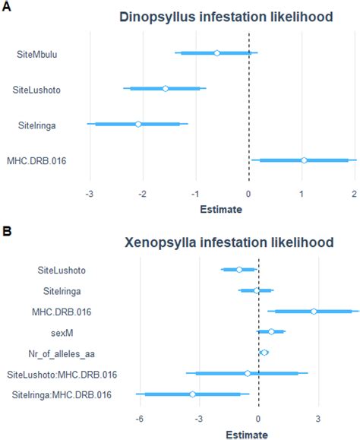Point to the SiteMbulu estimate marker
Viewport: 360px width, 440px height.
point(217,53)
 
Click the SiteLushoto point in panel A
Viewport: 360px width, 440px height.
point(166,89)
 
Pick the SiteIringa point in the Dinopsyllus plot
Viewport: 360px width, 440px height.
point(138,124)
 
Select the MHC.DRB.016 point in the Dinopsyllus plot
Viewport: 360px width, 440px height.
point(304,160)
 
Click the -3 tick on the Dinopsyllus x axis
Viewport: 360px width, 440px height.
point(90,193)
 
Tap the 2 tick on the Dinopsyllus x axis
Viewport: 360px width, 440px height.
point(355,193)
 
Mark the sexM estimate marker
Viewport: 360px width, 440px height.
point(271,331)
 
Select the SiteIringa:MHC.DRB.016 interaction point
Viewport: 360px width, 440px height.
point(193,394)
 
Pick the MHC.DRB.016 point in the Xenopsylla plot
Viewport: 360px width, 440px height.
point(314,311)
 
